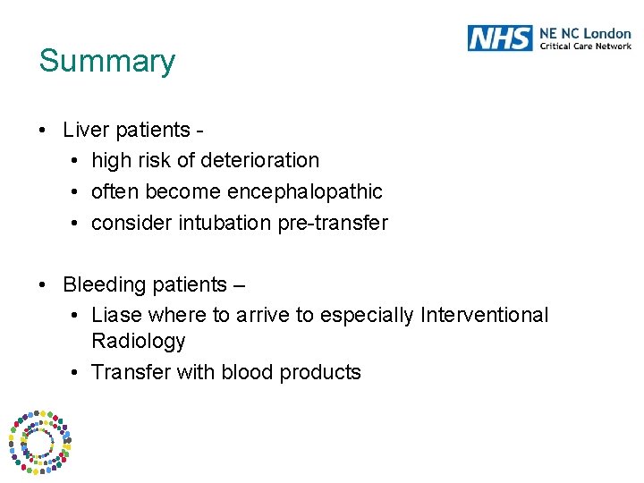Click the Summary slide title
(107, 61)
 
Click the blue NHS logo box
(500, 38)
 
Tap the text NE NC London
(585, 33)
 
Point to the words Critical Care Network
(585, 46)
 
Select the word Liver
(85, 130)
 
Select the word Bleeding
(100, 284)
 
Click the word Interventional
(484, 316)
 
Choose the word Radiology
(138, 342)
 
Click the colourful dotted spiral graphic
(40, 440)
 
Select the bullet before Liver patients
(43, 131)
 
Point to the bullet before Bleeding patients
(43, 285)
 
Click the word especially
(367, 316)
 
